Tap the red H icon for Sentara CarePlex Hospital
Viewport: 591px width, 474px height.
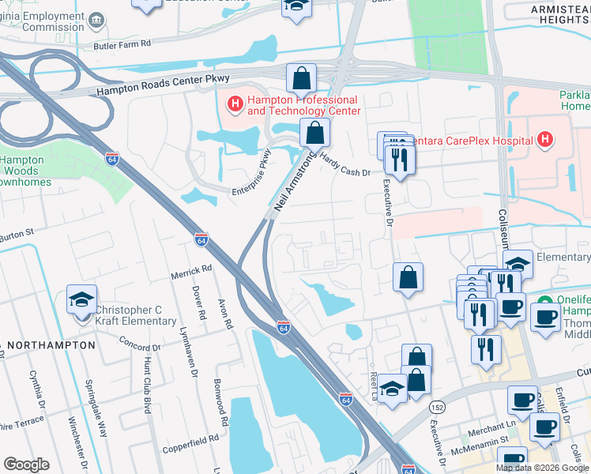coord(544,141)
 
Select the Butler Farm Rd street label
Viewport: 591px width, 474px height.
coord(122,45)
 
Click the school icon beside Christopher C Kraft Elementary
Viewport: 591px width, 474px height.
coord(81,299)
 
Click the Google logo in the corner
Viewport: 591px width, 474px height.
coord(26,464)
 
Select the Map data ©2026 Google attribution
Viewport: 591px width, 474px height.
coord(541,468)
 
